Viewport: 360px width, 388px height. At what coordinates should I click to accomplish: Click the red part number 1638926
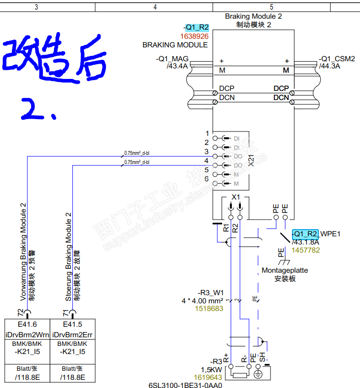(194, 36)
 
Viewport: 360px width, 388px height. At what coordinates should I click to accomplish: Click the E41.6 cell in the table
(27, 325)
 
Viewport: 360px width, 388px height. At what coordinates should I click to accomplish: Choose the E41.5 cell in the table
(72, 325)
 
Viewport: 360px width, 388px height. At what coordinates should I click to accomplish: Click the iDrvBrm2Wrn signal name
(27, 334)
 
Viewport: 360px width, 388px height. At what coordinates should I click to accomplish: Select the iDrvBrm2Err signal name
(72, 334)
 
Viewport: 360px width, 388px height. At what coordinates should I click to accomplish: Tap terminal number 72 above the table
(21, 312)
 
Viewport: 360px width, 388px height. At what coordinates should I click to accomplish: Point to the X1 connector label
(236, 197)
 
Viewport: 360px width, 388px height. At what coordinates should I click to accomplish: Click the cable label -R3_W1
(211, 292)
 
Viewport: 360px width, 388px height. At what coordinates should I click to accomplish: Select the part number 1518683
(209, 309)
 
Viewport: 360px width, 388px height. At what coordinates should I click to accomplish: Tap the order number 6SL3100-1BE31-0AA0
(185, 384)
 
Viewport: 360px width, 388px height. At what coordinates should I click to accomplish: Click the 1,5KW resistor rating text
(211, 369)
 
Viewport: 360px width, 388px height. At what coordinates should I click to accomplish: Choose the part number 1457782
(306, 250)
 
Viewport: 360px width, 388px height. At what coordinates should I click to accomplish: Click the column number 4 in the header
(155, 7)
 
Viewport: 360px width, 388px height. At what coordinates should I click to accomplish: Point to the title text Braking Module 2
(253, 16)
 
